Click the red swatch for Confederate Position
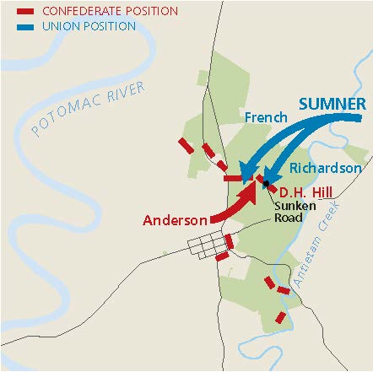24,12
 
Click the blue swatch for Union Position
24,26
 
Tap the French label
259,117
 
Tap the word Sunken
289,203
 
